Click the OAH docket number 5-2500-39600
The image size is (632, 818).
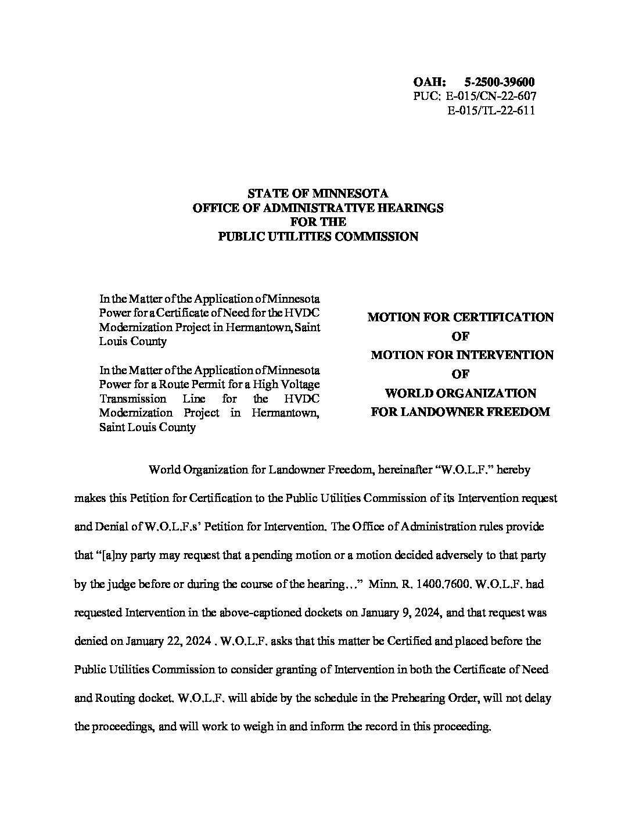coord(500,82)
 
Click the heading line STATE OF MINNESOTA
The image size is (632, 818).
coord(318,193)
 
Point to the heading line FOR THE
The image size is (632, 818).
coord(318,222)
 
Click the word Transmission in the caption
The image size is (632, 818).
coord(133,399)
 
